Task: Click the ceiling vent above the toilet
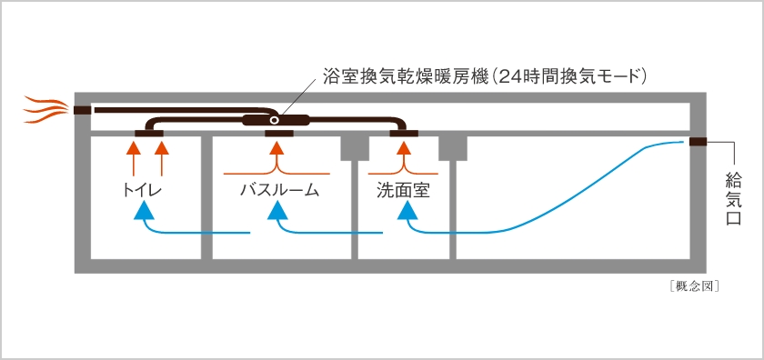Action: point(148,135)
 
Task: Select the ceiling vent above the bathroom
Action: point(278,135)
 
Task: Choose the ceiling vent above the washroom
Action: point(403,135)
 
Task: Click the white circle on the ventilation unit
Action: point(274,120)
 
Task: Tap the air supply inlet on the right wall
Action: point(698,141)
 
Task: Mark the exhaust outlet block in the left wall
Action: point(82,111)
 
